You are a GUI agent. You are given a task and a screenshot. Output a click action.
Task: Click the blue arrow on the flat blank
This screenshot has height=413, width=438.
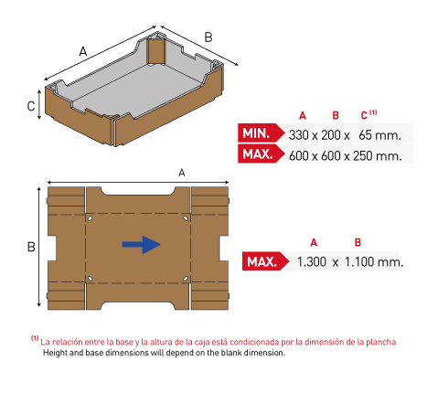click(x=142, y=244)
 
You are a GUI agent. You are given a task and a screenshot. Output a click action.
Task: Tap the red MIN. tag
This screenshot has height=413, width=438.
click(x=261, y=132)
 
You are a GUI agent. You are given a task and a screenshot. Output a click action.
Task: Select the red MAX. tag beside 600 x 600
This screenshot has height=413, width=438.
click(x=261, y=154)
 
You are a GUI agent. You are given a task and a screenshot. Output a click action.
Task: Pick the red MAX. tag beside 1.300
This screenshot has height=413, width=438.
click(x=265, y=261)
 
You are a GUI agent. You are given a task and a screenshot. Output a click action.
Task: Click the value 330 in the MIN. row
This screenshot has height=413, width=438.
click(x=299, y=135)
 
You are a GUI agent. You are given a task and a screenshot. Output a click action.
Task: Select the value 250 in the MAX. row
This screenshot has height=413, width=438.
click(x=362, y=155)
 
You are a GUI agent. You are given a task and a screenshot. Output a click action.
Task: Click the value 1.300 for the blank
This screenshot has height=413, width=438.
click(x=312, y=261)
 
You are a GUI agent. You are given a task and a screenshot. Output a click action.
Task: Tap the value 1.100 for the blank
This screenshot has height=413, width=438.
click(x=359, y=261)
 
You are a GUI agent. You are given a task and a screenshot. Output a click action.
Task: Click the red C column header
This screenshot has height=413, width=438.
click(x=364, y=115)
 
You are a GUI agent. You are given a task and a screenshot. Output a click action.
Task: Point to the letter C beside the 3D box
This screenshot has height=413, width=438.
click(x=31, y=106)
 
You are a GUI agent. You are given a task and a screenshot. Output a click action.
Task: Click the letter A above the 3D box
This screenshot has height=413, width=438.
click(x=83, y=51)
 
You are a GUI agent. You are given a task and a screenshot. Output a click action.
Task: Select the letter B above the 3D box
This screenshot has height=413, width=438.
click(x=208, y=37)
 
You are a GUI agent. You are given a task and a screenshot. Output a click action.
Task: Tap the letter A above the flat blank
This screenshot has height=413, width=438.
click(x=182, y=173)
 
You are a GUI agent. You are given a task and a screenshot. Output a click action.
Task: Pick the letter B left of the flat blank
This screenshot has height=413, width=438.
click(x=31, y=247)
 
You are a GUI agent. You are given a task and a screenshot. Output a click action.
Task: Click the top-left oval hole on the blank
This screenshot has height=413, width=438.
click(x=90, y=218)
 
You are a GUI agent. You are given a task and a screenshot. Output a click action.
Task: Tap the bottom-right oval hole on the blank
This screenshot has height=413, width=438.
click(x=186, y=279)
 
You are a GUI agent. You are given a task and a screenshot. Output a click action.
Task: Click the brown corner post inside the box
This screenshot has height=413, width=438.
click(x=156, y=51)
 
